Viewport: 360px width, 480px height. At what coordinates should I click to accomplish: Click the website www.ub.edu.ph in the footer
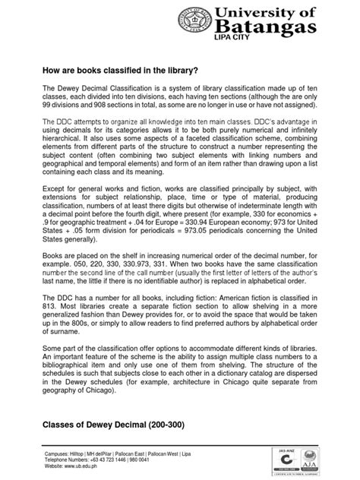tap(81, 467)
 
